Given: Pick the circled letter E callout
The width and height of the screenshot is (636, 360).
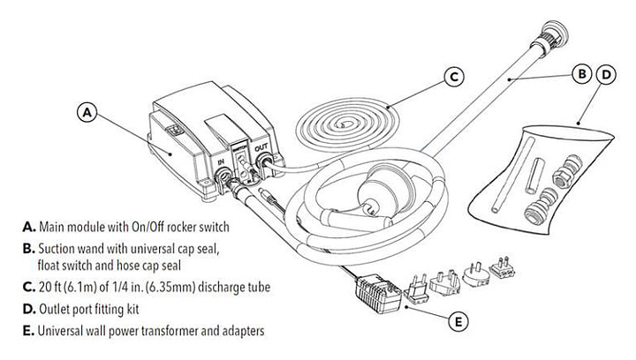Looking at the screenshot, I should click(x=457, y=322).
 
